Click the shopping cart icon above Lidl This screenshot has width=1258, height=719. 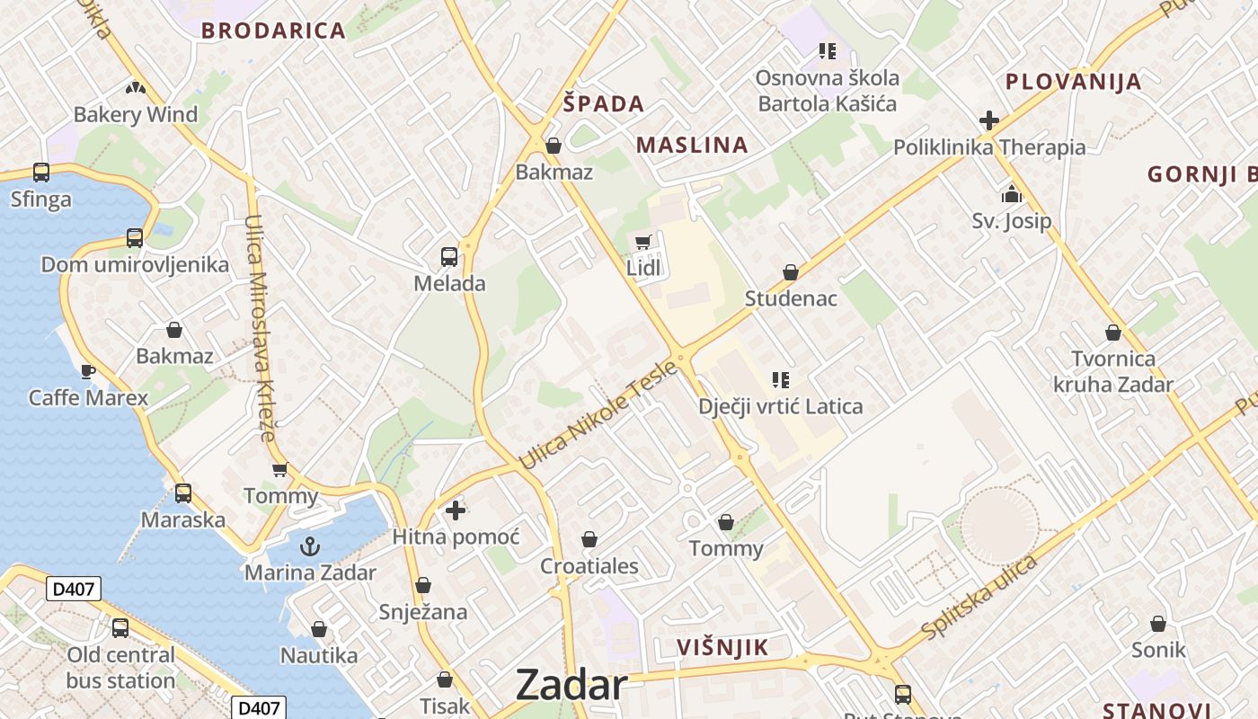[642, 242]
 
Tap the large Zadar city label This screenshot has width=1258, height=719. [571, 686]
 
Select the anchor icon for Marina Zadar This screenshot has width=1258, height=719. [310, 546]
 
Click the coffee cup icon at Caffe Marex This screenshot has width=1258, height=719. [88, 370]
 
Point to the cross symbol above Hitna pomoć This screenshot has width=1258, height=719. [456, 510]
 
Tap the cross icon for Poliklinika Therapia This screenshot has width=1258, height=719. [989, 120]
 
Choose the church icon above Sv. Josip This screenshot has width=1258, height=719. [1012, 194]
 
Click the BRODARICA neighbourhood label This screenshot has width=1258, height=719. [273, 31]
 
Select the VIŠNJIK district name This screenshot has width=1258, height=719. [722, 647]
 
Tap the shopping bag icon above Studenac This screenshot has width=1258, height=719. [791, 271]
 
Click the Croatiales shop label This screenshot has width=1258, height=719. [589, 566]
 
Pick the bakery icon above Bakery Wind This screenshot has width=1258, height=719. [136, 88]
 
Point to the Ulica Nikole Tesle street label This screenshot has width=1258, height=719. [598, 414]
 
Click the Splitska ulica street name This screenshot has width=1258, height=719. [979, 596]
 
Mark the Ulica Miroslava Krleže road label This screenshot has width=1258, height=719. [261, 327]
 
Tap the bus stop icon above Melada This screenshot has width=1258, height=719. [449, 257]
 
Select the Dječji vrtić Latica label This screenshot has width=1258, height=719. [780, 406]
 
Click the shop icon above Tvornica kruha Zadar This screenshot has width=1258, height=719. [1113, 333]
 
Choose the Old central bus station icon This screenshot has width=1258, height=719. [120, 627]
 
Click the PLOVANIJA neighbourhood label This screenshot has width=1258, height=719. [1073, 82]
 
